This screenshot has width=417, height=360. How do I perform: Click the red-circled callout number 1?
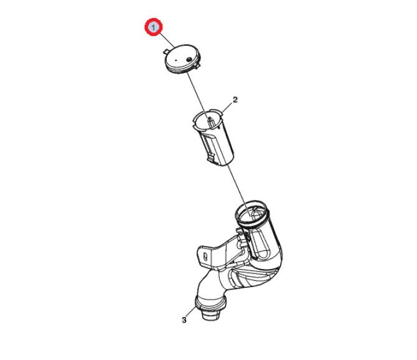click(x=154, y=27)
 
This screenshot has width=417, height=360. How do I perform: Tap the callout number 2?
click(x=235, y=100)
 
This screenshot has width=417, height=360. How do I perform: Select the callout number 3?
click(x=184, y=320)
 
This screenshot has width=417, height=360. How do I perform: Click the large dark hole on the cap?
click(x=189, y=59)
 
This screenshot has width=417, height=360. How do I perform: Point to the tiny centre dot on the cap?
click(x=176, y=60)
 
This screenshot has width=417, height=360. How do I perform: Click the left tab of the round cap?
click(x=166, y=51)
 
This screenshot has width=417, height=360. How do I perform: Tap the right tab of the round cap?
click(x=197, y=66)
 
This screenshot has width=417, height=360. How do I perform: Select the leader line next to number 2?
click(x=227, y=108)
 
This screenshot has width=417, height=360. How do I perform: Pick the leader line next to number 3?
click(x=192, y=312)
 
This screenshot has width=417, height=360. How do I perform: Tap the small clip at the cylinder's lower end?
click(x=212, y=158)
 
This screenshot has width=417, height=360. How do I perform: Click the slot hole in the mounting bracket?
click(x=205, y=257)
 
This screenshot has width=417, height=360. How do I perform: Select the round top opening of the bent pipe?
click(x=252, y=213)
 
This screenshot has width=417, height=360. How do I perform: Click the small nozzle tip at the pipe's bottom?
click(x=210, y=315)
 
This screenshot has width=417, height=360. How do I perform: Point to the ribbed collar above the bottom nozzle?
click(x=210, y=303)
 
